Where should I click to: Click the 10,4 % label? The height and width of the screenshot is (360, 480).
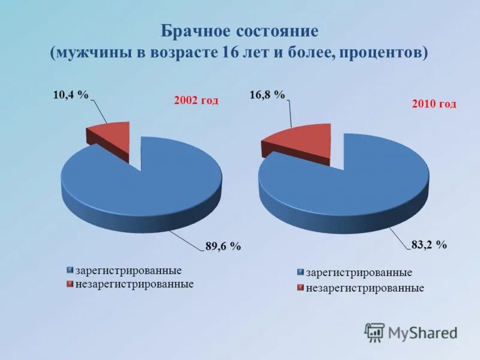click(x=71, y=95)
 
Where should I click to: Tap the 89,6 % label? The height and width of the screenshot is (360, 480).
click(x=223, y=246)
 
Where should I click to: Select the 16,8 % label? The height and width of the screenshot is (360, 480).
click(x=267, y=95)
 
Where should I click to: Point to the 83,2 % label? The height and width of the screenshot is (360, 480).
click(x=429, y=245)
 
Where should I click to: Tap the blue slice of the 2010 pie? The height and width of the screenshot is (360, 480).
click(x=354, y=186)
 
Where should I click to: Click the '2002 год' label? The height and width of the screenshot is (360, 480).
click(x=196, y=101)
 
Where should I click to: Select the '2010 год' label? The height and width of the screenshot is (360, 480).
click(x=434, y=104)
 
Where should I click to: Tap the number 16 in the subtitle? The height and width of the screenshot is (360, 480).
click(x=230, y=52)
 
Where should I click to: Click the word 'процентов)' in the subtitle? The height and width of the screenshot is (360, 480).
click(x=383, y=52)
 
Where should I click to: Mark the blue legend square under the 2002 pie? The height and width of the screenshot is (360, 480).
click(x=70, y=271)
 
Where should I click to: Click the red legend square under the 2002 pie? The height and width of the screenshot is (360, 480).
click(x=70, y=284)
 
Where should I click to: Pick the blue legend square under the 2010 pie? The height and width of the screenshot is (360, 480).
click(x=301, y=273)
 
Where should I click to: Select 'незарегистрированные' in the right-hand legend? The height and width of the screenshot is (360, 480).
click(x=365, y=288)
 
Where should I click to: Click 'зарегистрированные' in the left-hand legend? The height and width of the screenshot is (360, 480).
click(x=128, y=271)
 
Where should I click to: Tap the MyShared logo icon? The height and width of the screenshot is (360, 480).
click(x=375, y=332)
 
